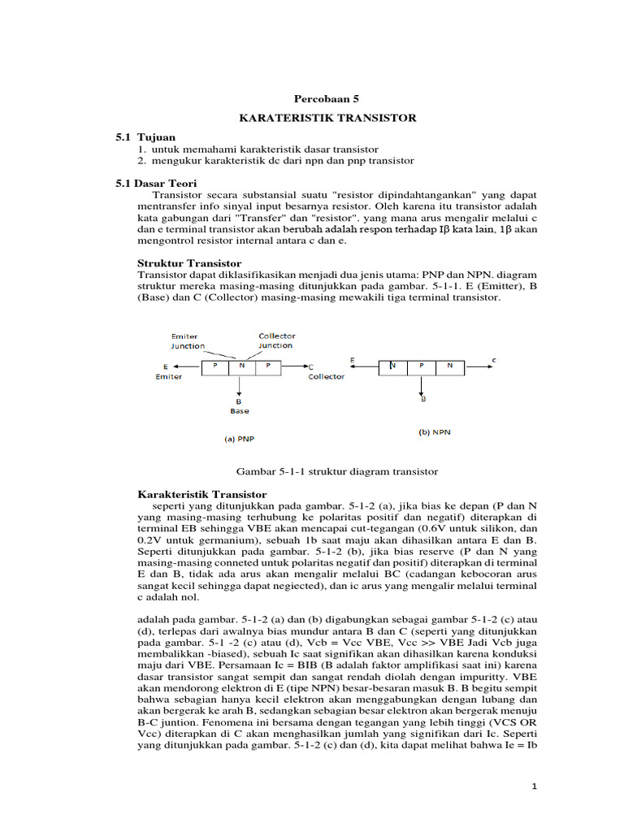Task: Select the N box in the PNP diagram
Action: coord(242,366)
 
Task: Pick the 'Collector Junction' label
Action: coord(276,340)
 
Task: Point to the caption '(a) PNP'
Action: coord(239,439)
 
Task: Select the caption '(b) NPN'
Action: coord(435,432)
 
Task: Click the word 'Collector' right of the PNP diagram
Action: coord(326,377)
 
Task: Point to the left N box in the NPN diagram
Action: coord(393,366)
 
